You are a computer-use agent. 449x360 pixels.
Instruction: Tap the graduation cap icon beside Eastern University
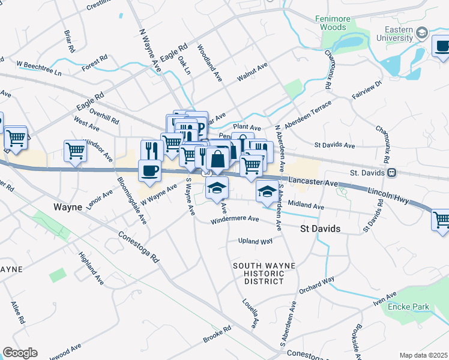pyautogui.click(x=422, y=32)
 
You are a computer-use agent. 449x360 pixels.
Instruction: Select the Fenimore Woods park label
pyautogui.click(x=332, y=23)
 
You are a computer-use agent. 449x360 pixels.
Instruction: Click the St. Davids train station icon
pyautogui.click(x=391, y=173)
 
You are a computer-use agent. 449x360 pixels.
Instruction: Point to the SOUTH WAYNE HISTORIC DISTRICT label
pyautogui.click(x=259, y=273)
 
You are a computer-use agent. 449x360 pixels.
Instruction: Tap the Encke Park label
pyautogui.click(x=408, y=307)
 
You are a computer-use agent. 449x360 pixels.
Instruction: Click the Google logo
pyautogui.click(x=20, y=353)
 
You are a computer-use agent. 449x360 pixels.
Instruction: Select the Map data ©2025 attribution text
pyautogui.click(x=423, y=355)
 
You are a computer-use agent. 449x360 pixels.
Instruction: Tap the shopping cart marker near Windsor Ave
pyautogui.click(x=76, y=151)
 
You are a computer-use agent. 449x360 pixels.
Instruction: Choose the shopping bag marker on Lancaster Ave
pyautogui.click(x=217, y=160)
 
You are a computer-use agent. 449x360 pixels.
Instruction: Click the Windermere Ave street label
pyautogui.click(x=235, y=220)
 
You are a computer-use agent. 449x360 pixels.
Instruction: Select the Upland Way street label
pyautogui.click(x=255, y=241)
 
